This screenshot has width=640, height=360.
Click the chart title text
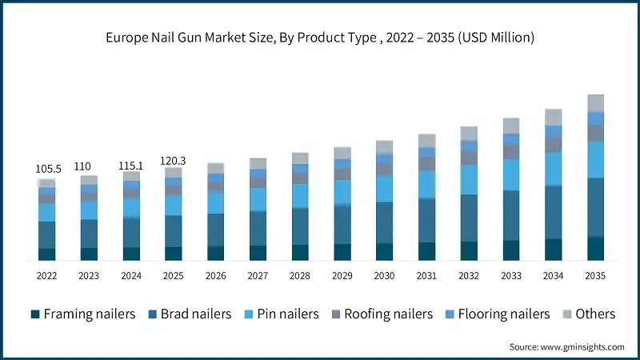pyautogui.click(x=320, y=38)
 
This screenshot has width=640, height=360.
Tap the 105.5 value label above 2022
pyautogui.click(x=47, y=170)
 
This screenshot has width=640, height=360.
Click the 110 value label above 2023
pyautogui.click(x=89, y=166)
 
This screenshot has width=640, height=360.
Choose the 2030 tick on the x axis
pyautogui.click(x=385, y=276)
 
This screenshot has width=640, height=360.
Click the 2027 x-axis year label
pyautogui.click(x=258, y=276)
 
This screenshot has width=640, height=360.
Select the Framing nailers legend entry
pyautogui.click(x=83, y=314)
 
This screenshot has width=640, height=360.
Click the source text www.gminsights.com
pyautogui.click(x=566, y=347)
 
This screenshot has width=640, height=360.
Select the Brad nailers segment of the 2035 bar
pyautogui.click(x=596, y=207)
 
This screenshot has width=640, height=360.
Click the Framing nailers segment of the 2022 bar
pyautogui.click(x=47, y=254)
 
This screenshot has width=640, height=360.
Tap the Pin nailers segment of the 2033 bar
pyautogui.click(x=511, y=174)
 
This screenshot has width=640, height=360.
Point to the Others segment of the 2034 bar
pyautogui.click(x=554, y=117)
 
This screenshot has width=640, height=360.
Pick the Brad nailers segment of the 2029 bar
pyautogui.click(x=342, y=225)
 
